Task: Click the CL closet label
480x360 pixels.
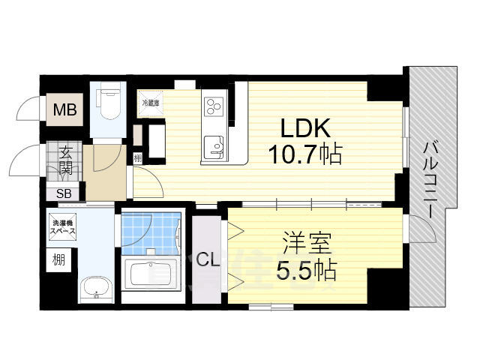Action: pyautogui.click(x=208, y=260)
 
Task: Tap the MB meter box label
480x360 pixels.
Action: pyautogui.click(x=64, y=112)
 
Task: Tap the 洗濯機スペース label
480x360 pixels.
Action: pyautogui.click(x=63, y=228)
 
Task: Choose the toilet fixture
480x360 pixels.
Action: pyautogui.click(x=109, y=105)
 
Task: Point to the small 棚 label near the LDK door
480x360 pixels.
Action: pyautogui.click(x=137, y=157)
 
